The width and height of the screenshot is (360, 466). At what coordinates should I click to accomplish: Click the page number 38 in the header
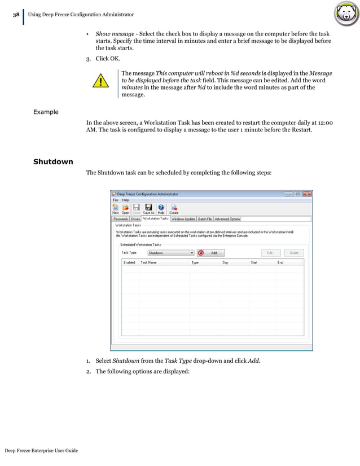(x=16, y=14)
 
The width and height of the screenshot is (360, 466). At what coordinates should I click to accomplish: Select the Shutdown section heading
(x=53, y=162)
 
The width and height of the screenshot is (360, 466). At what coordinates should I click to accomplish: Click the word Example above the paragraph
(x=46, y=112)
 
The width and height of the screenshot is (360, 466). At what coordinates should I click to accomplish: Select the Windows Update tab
(x=183, y=219)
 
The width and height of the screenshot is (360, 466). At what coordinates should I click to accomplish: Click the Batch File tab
(x=205, y=219)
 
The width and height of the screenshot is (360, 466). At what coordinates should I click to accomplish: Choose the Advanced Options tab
(x=227, y=219)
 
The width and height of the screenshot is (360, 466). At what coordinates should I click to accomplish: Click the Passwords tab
(x=121, y=219)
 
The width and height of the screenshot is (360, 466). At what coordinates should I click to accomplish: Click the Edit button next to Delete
(x=270, y=253)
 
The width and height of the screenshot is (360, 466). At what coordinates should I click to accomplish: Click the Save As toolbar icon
(x=149, y=209)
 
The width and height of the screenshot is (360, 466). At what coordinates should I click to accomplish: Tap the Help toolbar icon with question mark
(x=161, y=209)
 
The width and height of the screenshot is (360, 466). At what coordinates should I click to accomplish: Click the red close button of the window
(x=306, y=194)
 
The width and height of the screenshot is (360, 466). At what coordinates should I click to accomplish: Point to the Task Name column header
(x=149, y=262)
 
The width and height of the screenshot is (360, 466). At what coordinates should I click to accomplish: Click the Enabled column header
(x=129, y=262)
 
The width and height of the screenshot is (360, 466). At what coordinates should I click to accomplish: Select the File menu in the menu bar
(x=115, y=200)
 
